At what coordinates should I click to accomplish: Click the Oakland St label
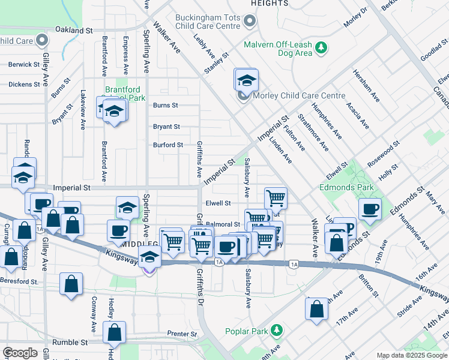coord(74,29)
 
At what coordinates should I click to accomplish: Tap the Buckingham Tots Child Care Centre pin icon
coord(250,22)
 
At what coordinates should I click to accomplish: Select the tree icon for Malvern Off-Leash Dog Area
coord(322,47)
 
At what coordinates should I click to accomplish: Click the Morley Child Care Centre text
coord(298,96)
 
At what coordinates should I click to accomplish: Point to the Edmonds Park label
coord(346,187)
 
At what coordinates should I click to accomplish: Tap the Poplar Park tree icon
coord(276,331)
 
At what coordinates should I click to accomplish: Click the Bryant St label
coord(166,127)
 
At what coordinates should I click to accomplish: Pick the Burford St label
coord(167,145)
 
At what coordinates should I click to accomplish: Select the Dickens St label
coord(24,84)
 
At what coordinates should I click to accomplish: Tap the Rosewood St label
coord(384,152)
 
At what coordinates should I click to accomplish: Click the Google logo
coord(20,353)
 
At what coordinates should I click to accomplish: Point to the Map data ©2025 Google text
coord(411,355)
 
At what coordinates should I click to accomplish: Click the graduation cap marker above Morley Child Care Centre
coord(246,80)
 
